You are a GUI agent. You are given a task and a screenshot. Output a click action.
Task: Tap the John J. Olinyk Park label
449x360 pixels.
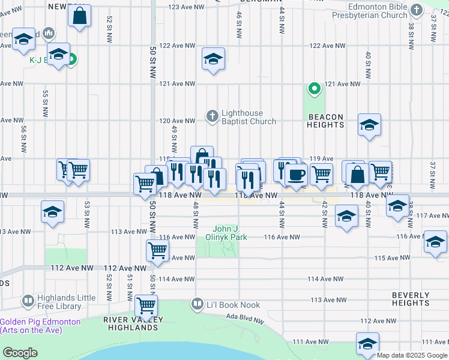(230, 233)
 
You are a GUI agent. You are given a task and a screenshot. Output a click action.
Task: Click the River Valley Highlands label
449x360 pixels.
(130, 323)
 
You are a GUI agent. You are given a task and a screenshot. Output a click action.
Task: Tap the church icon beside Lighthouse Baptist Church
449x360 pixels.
(212, 116)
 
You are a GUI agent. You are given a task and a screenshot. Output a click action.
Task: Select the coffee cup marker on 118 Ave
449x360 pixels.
(295, 175)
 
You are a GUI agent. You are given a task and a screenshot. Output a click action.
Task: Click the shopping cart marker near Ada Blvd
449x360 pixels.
(146, 306)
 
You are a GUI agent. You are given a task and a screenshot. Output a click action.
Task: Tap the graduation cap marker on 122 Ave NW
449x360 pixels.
(213, 59)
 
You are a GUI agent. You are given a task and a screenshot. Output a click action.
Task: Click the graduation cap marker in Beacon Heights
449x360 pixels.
(369, 125)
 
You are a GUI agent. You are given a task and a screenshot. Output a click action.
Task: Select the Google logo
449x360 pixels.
(20, 353)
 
